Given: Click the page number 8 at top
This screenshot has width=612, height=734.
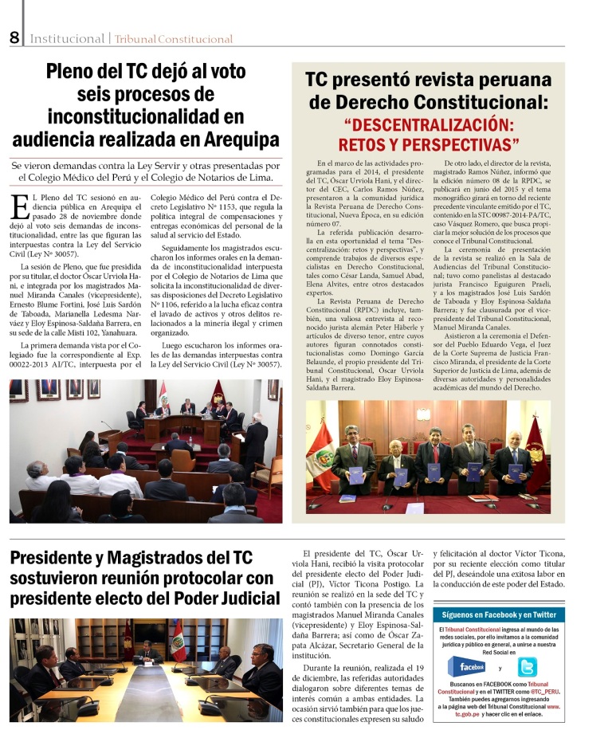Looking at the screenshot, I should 14,37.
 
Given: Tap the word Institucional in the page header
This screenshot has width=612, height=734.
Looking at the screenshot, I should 67,38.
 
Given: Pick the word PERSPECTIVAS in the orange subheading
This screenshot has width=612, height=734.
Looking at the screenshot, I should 461,145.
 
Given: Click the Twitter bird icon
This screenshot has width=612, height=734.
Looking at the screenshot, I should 528,667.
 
